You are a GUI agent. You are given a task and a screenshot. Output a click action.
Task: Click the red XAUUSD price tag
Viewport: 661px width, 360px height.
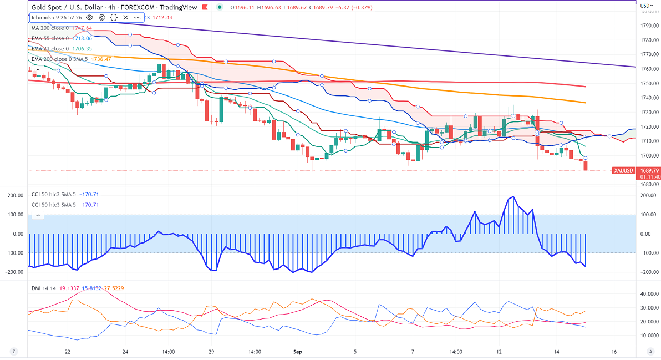click(624, 170)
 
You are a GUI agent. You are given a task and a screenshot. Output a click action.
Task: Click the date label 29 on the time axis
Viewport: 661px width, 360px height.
click(211, 352)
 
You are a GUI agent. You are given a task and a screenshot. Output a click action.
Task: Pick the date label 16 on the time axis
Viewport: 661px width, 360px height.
click(614, 352)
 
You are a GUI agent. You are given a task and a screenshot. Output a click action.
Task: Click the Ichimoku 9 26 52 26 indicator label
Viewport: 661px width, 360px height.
click(55, 17)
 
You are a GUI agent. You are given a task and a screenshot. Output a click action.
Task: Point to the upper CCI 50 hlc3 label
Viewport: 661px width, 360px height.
click(53, 195)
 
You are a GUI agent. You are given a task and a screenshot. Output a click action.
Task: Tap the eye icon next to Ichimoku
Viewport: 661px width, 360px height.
click(89, 17)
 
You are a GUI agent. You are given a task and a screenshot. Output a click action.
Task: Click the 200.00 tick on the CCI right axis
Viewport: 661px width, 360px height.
click(647, 195)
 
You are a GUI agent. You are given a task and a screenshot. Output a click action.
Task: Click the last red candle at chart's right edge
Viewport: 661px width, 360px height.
click(586, 165)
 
